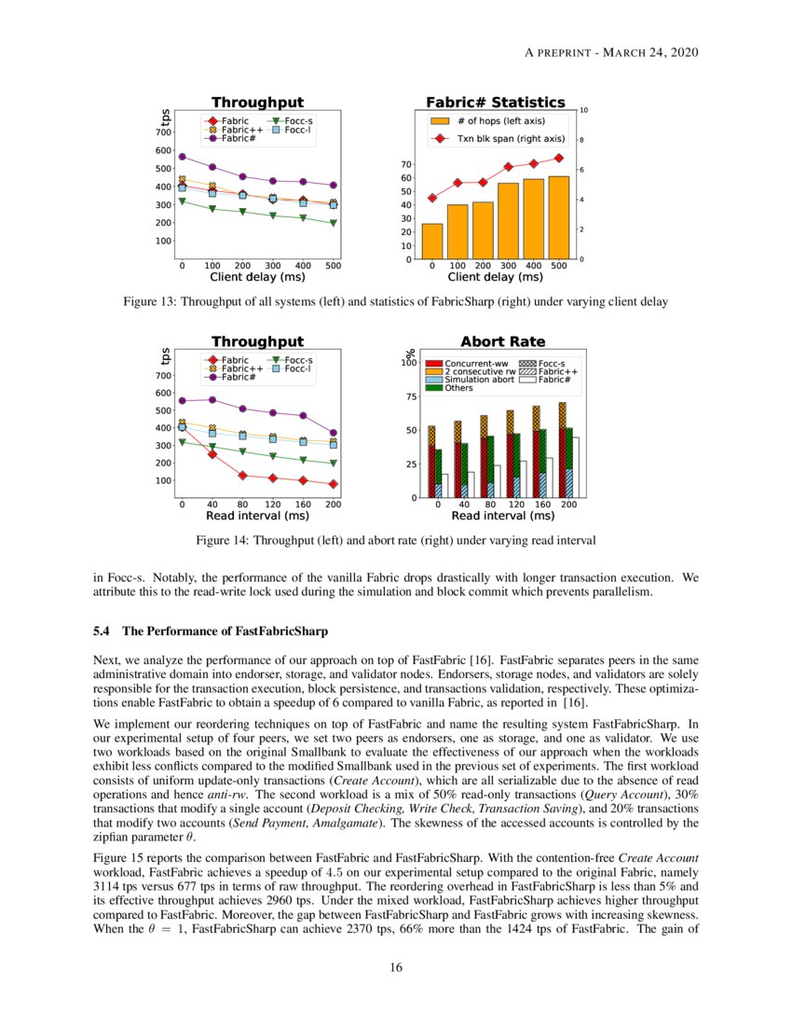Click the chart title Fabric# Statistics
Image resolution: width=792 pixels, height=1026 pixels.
495,102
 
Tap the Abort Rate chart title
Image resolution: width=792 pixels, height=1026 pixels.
503,341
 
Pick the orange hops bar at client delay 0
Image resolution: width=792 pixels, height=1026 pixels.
432,241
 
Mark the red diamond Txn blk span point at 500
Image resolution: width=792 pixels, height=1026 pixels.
559,159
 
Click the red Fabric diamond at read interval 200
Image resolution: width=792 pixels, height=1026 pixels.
334,484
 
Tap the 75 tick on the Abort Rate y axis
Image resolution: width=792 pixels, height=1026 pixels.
410,396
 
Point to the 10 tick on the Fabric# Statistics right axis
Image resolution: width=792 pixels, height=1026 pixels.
584,110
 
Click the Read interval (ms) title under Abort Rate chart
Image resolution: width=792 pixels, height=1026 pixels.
502,515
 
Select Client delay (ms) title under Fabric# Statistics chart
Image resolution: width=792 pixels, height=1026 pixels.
495,277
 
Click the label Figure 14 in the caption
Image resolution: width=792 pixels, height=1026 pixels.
222,540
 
